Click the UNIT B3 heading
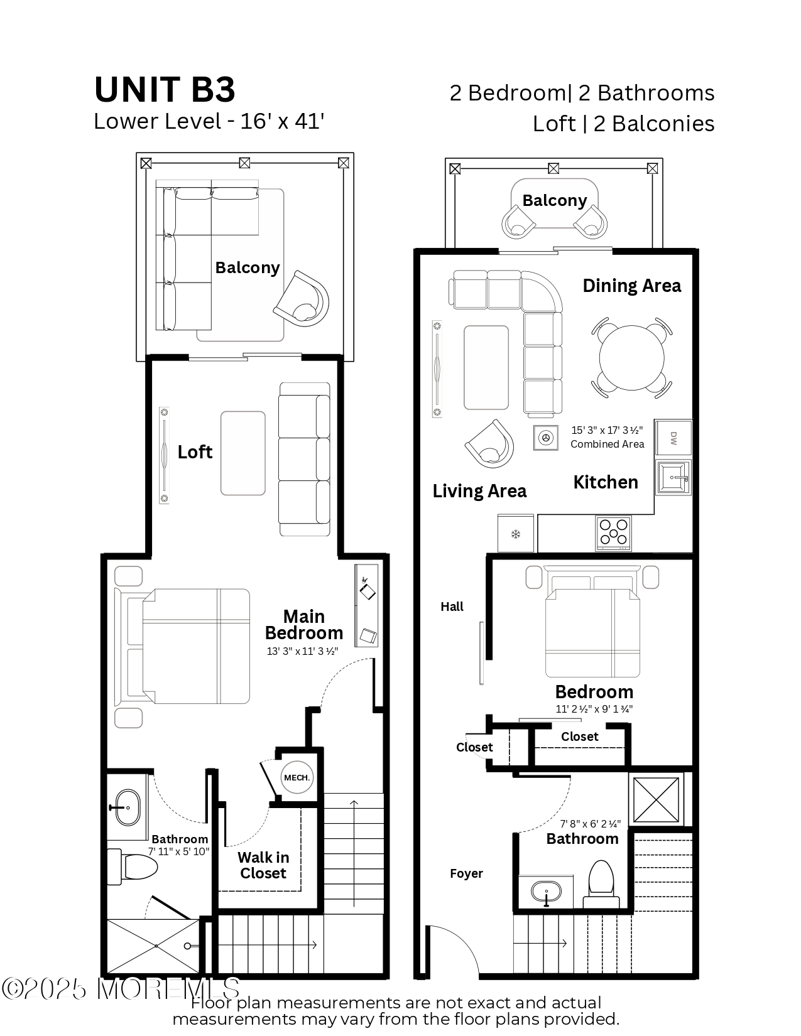[x=165, y=89]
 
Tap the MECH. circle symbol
[x=297, y=777]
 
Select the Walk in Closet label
[x=263, y=865]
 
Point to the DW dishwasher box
[x=673, y=438]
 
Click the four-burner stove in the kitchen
[x=614, y=533]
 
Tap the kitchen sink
[x=673, y=478]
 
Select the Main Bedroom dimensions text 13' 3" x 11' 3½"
[x=302, y=651]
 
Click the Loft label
[x=195, y=452]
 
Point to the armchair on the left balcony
[x=303, y=300]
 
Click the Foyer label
[x=466, y=873]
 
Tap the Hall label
[x=452, y=607]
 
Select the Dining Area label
[x=631, y=286]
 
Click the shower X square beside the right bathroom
[x=656, y=799]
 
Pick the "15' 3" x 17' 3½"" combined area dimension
[x=607, y=430]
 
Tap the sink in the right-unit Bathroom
[x=546, y=892]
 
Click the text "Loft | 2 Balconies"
[x=623, y=124]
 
